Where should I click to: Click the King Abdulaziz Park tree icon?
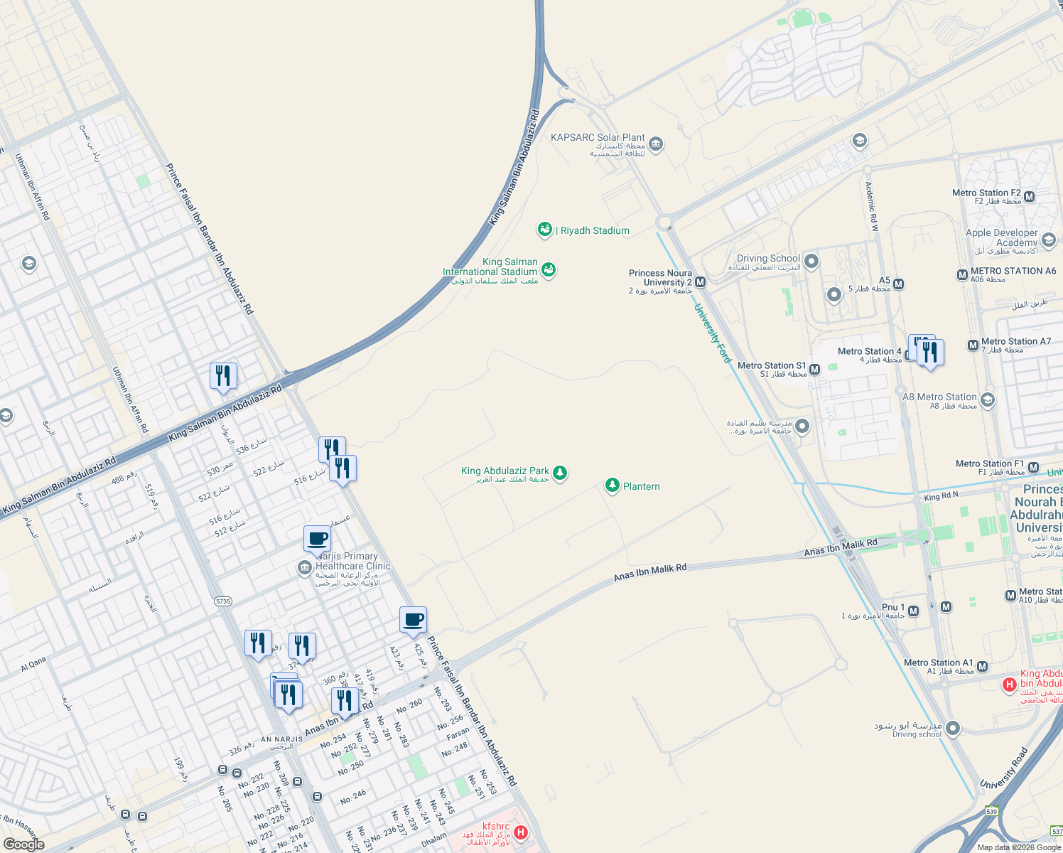[560, 473]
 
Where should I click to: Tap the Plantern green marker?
[612, 485]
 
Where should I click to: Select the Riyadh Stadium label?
[595, 230]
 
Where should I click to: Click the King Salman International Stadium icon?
[549, 269]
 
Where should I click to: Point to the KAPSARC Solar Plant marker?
[656, 144]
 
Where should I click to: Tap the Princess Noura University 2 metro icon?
[701, 282]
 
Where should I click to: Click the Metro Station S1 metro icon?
[814, 370]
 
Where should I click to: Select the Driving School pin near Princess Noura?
[811, 262]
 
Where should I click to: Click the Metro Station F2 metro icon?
[1029, 196]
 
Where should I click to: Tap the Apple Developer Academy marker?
[1049, 240]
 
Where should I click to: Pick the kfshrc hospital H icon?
[521, 832]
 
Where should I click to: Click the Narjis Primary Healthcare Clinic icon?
[305, 567]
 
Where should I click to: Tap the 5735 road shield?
[223, 601]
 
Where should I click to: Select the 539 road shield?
[992, 811]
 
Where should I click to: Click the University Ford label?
[712, 333]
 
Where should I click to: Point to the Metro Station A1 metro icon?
[982, 667]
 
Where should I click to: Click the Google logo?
[23, 844]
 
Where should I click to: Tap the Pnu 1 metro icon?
[914, 611]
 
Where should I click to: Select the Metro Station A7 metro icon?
[973, 345]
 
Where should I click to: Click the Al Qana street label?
[33, 664]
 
